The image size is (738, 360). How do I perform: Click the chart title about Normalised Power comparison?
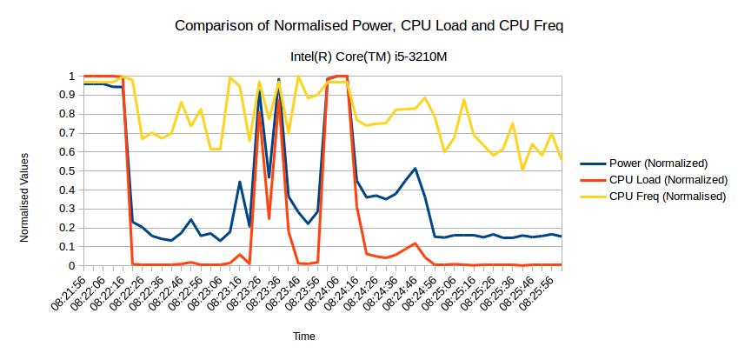pyautogui.click(x=369, y=25)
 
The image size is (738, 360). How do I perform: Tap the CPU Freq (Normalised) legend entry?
pyautogui.click(x=667, y=197)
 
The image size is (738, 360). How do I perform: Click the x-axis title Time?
pyautogui.click(x=303, y=336)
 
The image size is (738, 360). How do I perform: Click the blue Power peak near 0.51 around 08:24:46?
pyautogui.click(x=416, y=169)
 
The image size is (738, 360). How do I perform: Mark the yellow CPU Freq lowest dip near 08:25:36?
pyautogui.click(x=522, y=170)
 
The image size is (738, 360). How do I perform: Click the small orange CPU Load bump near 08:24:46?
pyautogui.click(x=416, y=243)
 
